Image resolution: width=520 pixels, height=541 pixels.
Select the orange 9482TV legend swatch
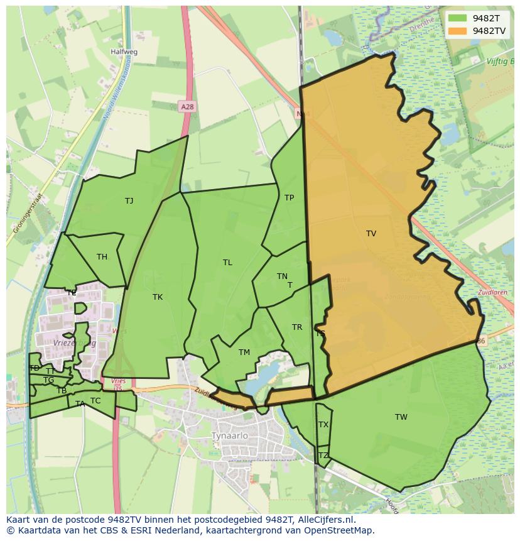[458, 30]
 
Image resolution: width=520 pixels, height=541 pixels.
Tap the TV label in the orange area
[371, 234]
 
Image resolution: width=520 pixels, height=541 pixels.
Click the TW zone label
[401, 417]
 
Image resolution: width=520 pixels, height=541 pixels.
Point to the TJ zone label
[129, 201]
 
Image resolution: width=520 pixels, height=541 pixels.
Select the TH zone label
[102, 257]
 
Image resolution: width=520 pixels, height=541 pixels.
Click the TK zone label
[158, 297]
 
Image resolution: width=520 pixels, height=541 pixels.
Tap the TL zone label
[227, 263]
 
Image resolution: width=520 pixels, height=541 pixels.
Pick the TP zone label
[289, 198]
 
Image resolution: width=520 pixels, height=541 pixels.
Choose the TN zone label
[282, 276]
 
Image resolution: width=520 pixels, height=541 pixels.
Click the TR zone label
[297, 327]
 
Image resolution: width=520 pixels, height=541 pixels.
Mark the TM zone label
[244, 352]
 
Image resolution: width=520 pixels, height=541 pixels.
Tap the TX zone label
[323, 425]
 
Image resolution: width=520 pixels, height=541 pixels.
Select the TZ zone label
[323, 456]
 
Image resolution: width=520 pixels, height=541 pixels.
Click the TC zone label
[95, 401]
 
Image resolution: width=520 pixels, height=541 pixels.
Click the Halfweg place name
[124, 52]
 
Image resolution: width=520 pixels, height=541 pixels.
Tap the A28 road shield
[187, 107]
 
